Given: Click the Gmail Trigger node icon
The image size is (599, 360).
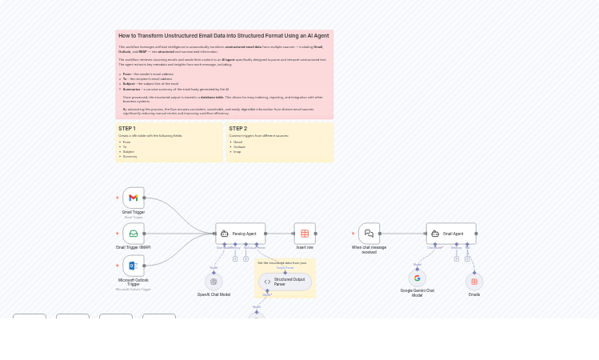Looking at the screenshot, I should tap(134, 198).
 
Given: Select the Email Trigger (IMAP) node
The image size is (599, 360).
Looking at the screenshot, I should tap(134, 234).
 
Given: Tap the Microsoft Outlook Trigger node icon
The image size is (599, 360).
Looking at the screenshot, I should tap(134, 266).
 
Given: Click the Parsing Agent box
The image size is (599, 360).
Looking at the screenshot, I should tap(240, 234).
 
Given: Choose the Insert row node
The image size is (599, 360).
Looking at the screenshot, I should tap(305, 234).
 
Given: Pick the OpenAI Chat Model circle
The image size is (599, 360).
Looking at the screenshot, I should tap(214, 282).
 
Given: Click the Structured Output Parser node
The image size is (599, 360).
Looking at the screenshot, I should tap(285, 282).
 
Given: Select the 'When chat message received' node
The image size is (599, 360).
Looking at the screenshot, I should tap(369, 234).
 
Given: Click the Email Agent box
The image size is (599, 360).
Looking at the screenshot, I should tap(451, 234).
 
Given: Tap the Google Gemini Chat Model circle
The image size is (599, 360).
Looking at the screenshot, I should tap(417, 278).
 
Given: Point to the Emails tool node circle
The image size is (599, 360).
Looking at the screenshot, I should tap(474, 282).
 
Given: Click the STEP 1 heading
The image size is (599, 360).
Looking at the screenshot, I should tap(127, 129).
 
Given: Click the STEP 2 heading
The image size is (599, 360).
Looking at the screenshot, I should tap(238, 129).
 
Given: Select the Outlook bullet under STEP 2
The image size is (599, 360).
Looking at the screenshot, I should tap(239, 146).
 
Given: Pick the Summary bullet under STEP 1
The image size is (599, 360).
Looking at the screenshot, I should tap(130, 156).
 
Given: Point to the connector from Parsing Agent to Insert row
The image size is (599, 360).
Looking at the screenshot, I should tap(279, 234).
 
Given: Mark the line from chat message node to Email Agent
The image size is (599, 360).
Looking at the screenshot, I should tap(403, 234).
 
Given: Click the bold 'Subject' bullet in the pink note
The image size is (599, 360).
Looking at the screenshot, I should tap(128, 84).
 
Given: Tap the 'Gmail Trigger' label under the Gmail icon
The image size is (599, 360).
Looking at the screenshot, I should tap(134, 212).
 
